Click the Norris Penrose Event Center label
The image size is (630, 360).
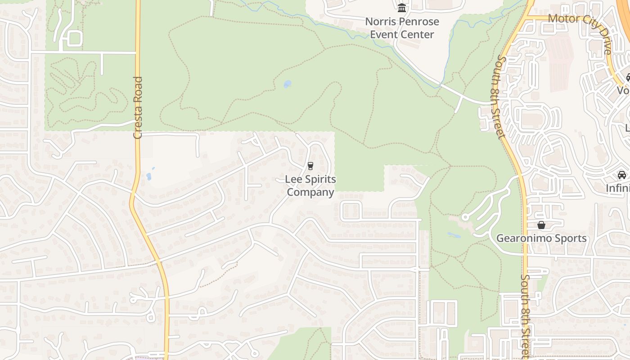point(402,28)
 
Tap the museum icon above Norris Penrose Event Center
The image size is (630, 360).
point(402,8)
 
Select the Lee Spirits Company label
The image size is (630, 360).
point(310,186)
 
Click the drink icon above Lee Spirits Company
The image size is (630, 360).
point(310,166)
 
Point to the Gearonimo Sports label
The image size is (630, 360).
point(541,238)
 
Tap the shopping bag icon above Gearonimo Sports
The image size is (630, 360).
point(541,225)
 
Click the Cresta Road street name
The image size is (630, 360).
point(138,108)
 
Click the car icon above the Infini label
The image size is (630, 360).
point(622,175)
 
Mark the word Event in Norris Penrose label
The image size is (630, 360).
point(384,35)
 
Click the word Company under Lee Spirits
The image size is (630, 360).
point(310,193)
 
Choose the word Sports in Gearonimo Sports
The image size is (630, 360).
point(570,238)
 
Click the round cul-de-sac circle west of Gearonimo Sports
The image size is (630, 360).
point(465,217)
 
